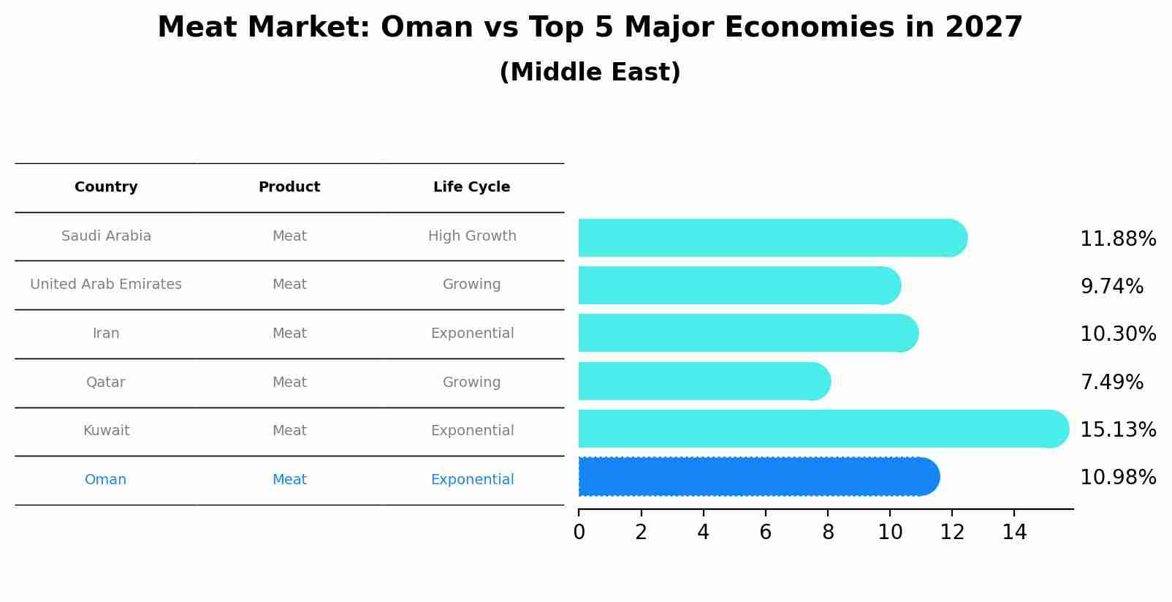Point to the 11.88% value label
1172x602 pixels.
tap(1117, 239)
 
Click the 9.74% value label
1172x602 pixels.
tap(1111, 287)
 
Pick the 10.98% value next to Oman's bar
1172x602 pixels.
tap(1117, 478)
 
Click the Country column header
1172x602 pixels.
tap(106, 187)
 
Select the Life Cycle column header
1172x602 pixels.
tap(471, 187)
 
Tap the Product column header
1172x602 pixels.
tap(289, 187)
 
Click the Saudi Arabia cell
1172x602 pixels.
tap(106, 236)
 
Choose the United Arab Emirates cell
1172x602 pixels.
tap(106, 285)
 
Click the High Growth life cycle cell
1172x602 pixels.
tap(472, 236)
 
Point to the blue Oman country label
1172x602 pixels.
tap(105, 480)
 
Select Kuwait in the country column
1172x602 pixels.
tap(106, 431)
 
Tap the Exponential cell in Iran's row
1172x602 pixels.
tap(472, 334)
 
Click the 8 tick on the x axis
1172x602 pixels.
tap(828, 533)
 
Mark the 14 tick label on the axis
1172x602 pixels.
tap(1014, 533)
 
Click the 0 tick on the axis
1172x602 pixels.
tap(579, 533)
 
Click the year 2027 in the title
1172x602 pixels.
tap(983, 28)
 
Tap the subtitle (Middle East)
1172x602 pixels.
tap(590, 72)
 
